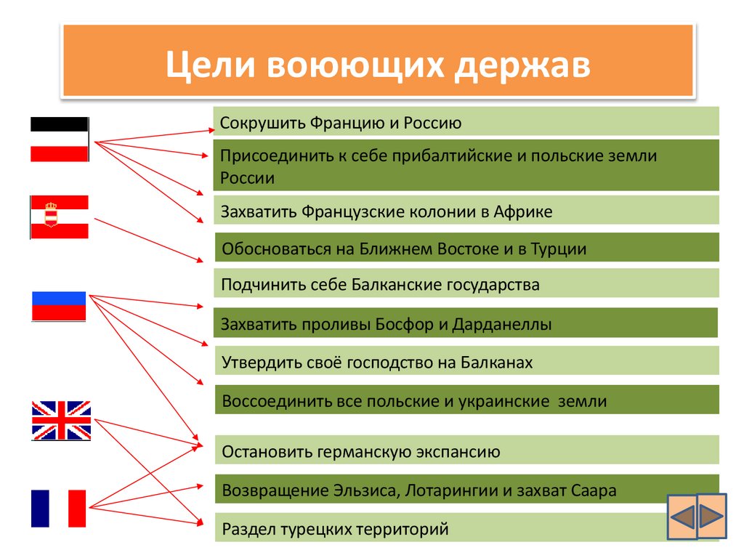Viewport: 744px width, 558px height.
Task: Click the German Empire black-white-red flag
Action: (59, 139)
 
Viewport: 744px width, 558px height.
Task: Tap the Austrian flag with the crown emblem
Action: (59, 217)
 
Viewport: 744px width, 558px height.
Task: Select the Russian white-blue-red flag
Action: (59, 306)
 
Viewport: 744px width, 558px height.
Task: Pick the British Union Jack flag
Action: (61, 420)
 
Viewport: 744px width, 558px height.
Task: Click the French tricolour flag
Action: (58, 509)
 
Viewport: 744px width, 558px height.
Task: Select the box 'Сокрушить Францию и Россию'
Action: (466, 122)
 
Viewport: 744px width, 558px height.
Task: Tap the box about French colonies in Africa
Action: (466, 211)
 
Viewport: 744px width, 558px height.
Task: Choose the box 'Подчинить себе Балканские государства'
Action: (466, 284)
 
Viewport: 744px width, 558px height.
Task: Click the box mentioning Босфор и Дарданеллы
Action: (466, 324)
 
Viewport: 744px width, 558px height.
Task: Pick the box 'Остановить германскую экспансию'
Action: (466, 451)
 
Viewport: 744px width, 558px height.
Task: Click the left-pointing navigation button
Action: (682, 517)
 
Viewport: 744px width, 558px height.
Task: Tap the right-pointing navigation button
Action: (711, 516)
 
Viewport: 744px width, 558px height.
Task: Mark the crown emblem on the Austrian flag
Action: (51, 214)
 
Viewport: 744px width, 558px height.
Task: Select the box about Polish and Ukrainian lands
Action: (466, 401)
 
